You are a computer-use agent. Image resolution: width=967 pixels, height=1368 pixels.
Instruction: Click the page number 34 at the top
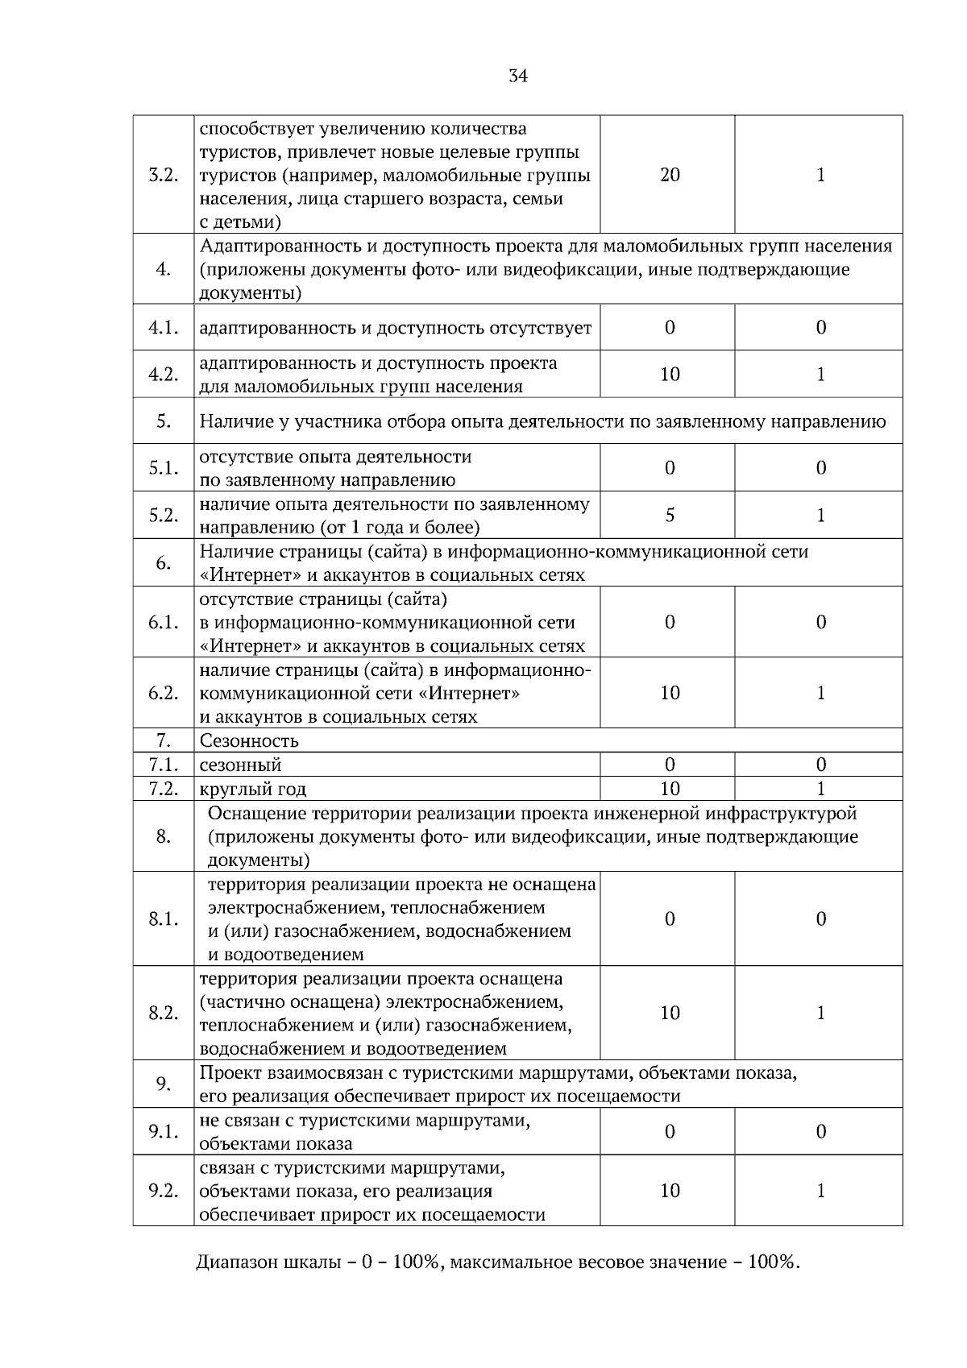(518, 77)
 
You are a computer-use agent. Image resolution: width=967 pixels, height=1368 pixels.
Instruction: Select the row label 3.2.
(164, 176)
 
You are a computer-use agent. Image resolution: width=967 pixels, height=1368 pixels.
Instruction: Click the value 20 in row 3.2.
(670, 176)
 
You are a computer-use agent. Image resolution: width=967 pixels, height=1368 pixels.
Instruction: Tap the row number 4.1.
(164, 328)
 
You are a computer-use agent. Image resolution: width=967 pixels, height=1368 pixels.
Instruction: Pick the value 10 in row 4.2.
(670, 375)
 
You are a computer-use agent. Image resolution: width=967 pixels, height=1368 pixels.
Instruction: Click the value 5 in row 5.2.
(670, 516)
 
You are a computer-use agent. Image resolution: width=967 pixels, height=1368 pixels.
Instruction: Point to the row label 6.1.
(164, 623)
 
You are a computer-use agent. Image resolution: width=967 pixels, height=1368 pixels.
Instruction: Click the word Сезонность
(249, 741)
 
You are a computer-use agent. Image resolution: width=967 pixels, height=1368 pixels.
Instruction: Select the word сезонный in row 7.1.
(240, 765)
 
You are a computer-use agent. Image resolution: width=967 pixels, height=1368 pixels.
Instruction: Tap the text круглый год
(253, 790)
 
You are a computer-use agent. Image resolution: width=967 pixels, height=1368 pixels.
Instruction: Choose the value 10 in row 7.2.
(670, 789)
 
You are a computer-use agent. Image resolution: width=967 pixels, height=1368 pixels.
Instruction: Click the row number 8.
(164, 837)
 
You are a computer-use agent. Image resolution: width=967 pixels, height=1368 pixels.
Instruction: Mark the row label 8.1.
(164, 919)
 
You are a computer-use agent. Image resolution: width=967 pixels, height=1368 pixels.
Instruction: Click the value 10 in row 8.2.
(670, 1014)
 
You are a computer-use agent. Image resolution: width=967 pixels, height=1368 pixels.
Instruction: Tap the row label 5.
(164, 421)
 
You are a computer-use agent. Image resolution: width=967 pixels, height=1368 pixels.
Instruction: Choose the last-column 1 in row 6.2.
(820, 694)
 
